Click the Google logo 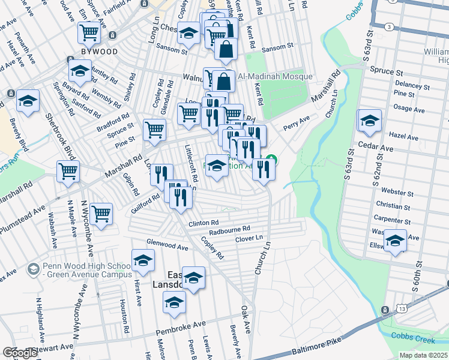[20, 353]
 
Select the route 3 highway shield [390, 27]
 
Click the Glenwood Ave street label [167, 245]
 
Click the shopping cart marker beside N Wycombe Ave [101, 214]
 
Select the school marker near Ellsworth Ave [394, 241]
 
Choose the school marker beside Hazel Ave [370, 120]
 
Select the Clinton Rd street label [202, 223]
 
